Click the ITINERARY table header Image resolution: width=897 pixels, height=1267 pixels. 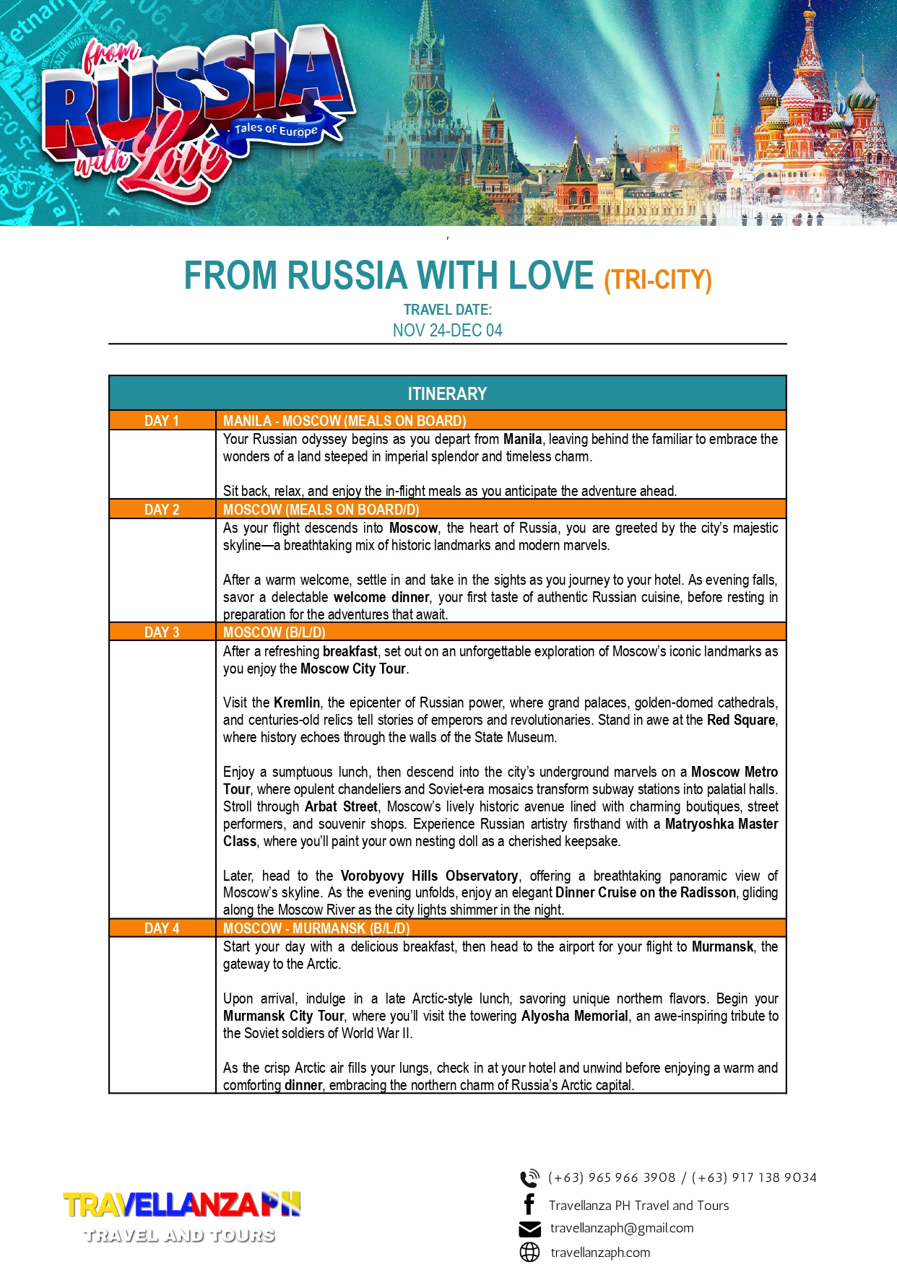click(447, 393)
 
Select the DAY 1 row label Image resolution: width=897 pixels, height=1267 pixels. click(161, 421)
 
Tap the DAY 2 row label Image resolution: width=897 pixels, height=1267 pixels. click(161, 510)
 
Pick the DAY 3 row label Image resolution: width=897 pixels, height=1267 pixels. click(161, 632)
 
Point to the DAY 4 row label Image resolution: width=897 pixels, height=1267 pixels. click(161, 928)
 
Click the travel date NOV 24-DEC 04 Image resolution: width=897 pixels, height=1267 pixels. click(447, 331)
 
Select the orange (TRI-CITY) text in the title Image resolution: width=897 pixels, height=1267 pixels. click(658, 279)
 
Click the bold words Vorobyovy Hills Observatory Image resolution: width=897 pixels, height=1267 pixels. click(429, 876)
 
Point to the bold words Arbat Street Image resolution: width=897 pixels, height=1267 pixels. click(341, 806)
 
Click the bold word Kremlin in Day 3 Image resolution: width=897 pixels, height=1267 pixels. click(296, 702)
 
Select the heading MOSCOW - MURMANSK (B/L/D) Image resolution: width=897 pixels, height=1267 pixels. click(316, 928)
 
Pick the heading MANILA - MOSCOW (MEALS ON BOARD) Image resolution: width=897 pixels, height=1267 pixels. click(344, 421)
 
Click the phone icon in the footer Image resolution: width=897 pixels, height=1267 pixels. click(529, 1178)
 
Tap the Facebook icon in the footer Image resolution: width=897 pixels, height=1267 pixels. click(529, 1204)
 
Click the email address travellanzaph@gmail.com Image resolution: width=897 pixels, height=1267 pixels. click(621, 1228)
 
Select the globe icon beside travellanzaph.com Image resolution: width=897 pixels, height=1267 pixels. click(529, 1253)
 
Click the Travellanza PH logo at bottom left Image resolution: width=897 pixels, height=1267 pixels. click(181, 1216)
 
